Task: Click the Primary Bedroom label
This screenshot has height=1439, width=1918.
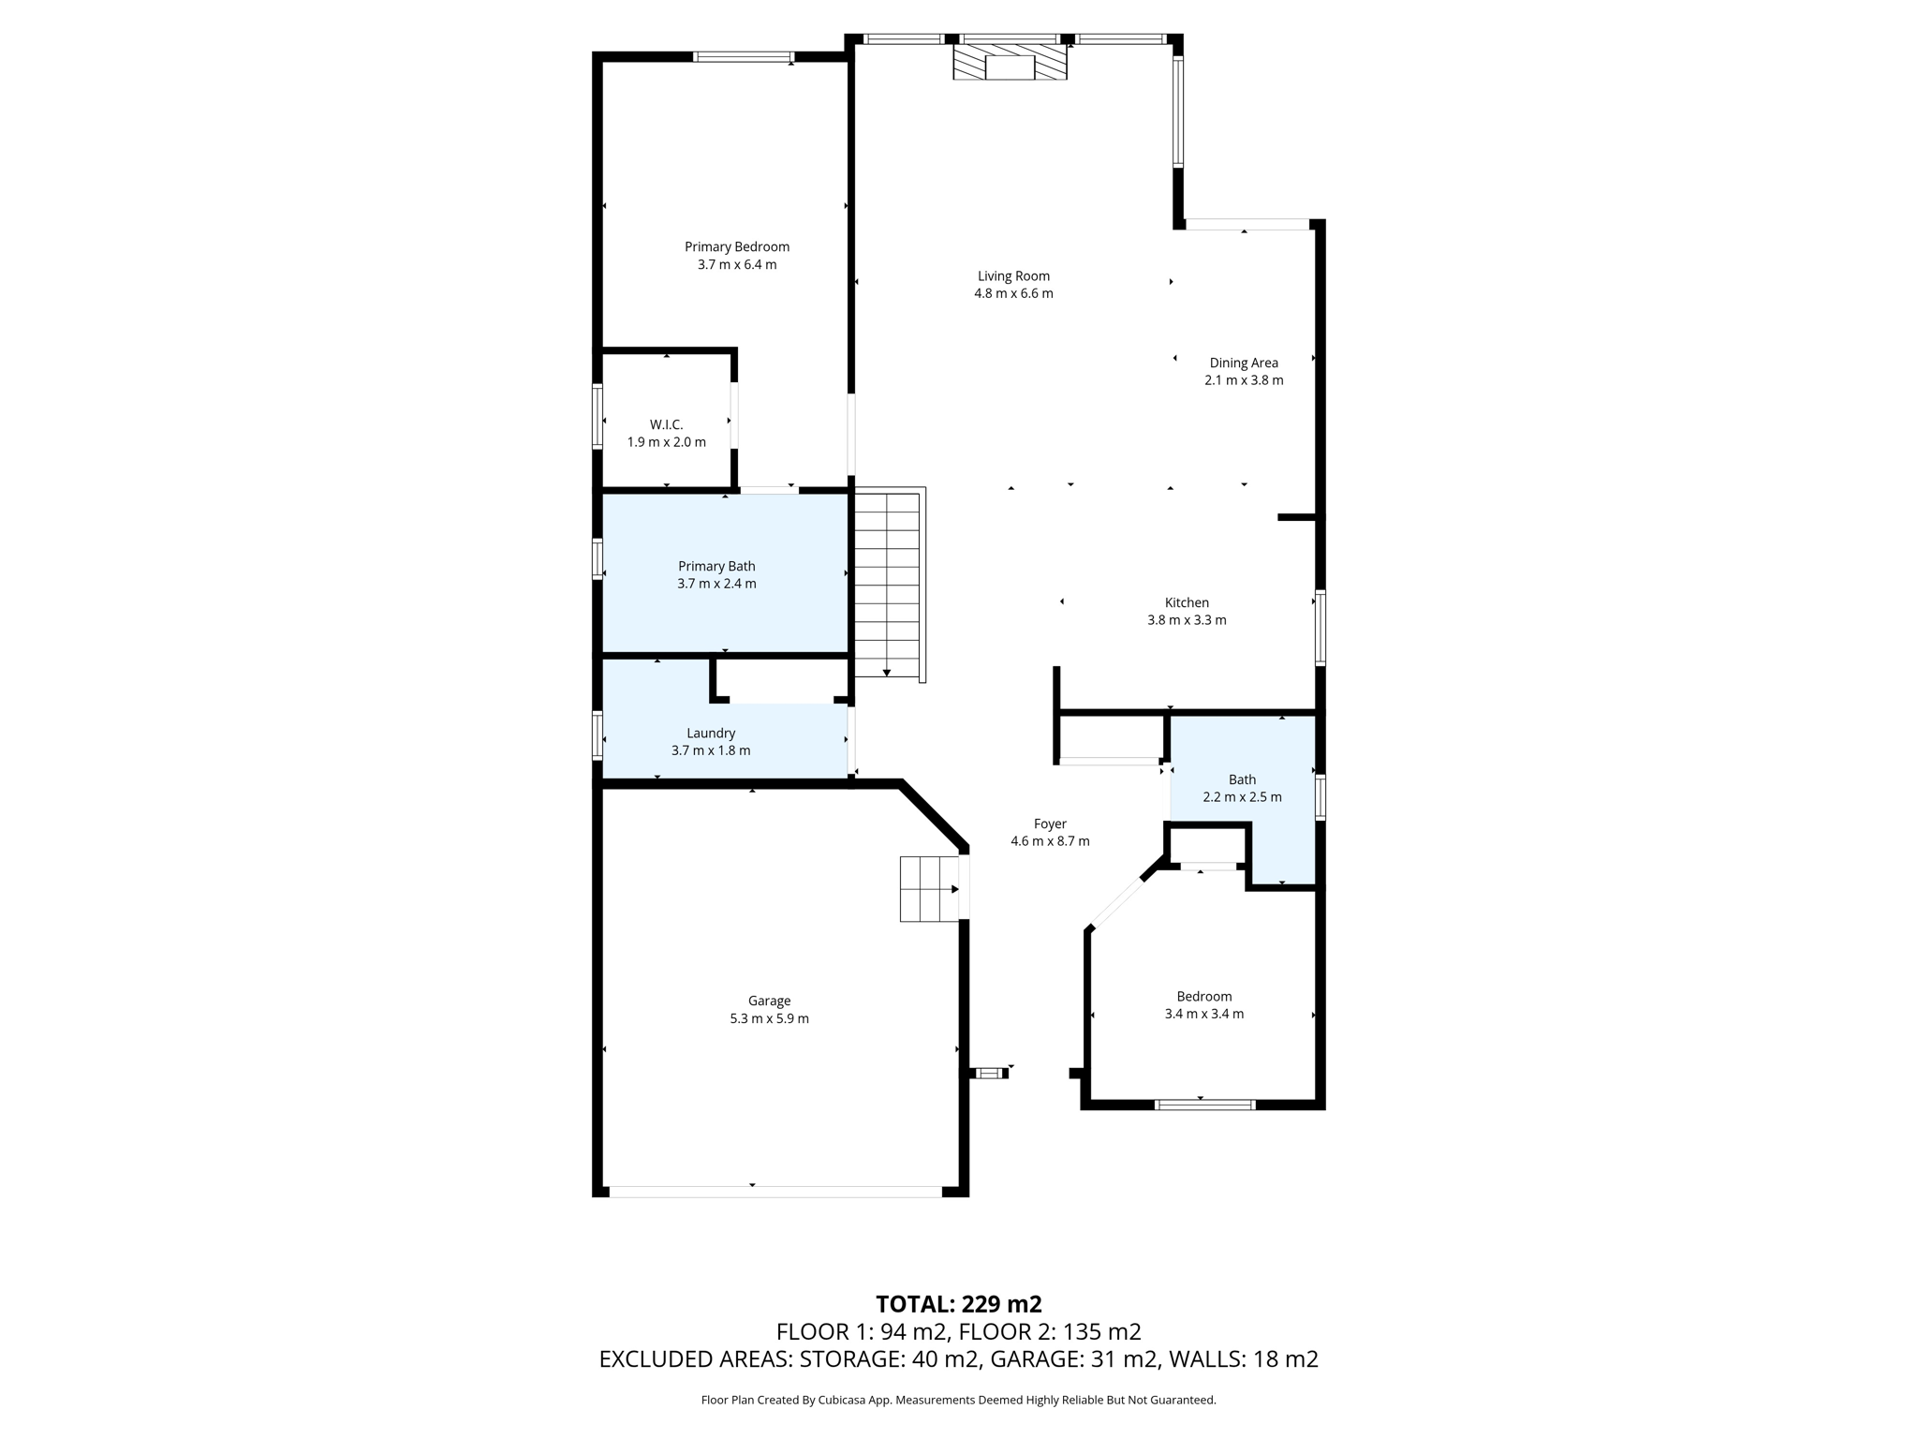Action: pyautogui.click(x=737, y=247)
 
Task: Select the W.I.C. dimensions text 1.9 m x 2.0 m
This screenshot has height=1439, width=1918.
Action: pyautogui.click(x=666, y=442)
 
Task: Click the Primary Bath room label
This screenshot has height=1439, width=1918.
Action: pyautogui.click(x=716, y=566)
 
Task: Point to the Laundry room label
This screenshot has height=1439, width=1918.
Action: pyautogui.click(x=711, y=734)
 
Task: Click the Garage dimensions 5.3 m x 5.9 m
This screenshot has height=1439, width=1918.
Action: pyautogui.click(x=769, y=1018)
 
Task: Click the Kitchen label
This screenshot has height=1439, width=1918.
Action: pyautogui.click(x=1187, y=602)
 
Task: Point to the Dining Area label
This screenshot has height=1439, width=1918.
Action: pyautogui.click(x=1244, y=363)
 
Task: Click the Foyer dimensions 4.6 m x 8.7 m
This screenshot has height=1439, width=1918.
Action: pyautogui.click(x=1050, y=841)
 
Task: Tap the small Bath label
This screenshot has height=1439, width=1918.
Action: pyautogui.click(x=1242, y=779)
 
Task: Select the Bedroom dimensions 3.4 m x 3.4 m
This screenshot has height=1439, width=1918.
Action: pyautogui.click(x=1203, y=1014)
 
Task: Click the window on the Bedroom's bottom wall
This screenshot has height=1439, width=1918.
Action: pyautogui.click(x=1204, y=1105)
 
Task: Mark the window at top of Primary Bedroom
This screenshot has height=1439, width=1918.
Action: pyautogui.click(x=744, y=57)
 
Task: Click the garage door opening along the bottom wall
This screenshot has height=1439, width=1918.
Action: pyautogui.click(x=775, y=1192)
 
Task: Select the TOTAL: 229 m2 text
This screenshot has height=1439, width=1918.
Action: pyautogui.click(x=958, y=1304)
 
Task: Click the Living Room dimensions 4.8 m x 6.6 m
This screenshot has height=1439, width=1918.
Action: pyautogui.click(x=1013, y=293)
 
